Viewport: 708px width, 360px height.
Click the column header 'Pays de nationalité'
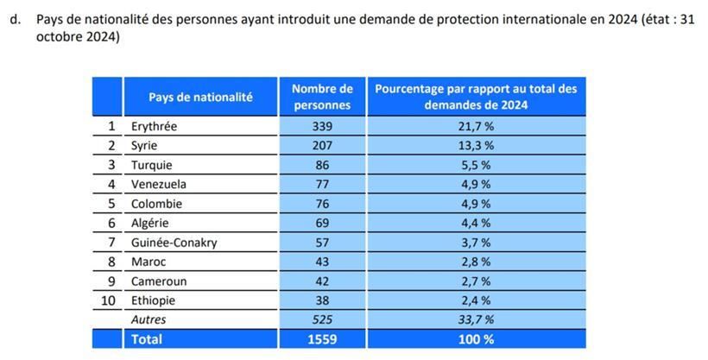(200, 98)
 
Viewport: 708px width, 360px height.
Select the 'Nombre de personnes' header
(322, 97)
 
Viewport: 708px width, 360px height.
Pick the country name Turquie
(151, 165)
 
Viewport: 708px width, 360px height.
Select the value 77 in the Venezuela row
(322, 184)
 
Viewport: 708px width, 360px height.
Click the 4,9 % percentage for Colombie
(476, 204)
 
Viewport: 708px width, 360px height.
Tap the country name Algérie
(149, 223)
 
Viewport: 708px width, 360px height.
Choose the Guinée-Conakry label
(174, 243)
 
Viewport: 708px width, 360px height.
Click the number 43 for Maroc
(322, 262)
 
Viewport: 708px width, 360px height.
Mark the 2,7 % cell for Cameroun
(476, 281)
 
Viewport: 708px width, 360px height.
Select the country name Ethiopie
(153, 300)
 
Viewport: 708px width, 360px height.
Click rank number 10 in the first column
(108, 300)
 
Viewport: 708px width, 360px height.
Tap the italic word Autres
(148, 319)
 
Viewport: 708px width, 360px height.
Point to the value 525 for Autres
(322, 319)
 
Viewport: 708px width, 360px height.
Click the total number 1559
(322, 339)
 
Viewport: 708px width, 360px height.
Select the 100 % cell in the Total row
(476, 339)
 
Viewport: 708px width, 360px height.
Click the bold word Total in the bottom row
(146, 339)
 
